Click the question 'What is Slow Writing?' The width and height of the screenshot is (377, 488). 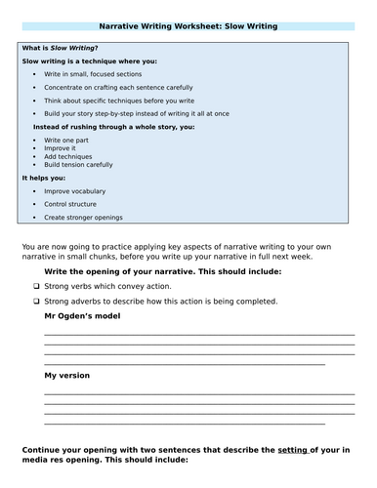[x=60, y=48]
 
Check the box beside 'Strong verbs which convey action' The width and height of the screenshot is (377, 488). [x=35, y=287]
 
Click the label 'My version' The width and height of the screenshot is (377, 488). [x=67, y=375]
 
